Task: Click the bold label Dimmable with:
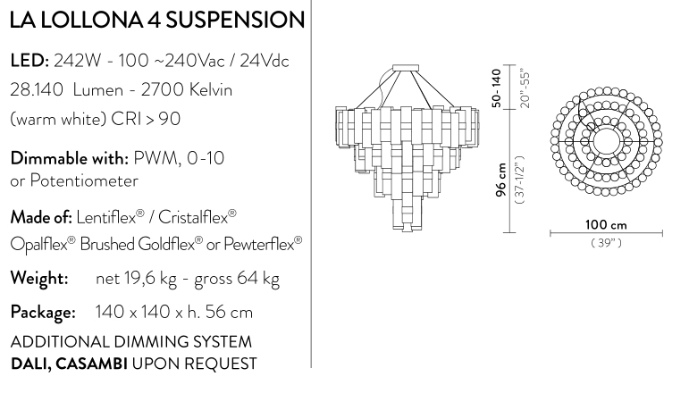click(x=68, y=159)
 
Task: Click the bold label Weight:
click(x=39, y=279)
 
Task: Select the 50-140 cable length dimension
click(x=498, y=88)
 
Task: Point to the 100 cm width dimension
click(x=606, y=224)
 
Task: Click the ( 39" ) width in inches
click(x=606, y=243)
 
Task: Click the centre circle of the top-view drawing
click(x=606, y=138)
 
